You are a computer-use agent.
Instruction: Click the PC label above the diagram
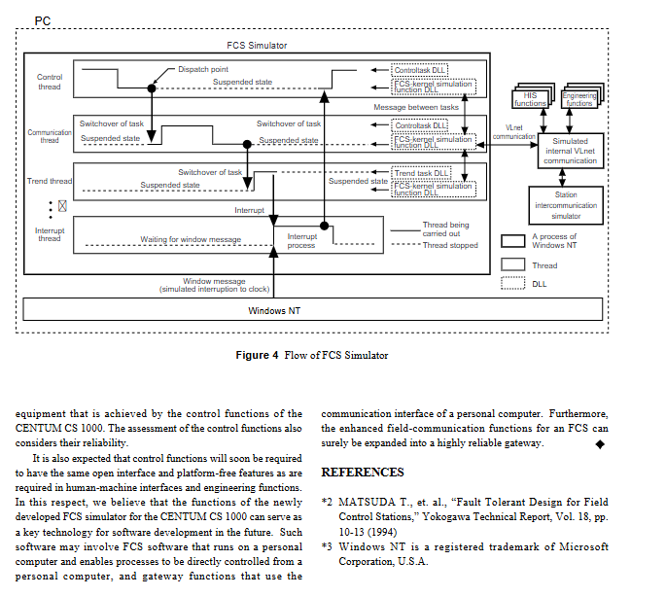tap(42, 19)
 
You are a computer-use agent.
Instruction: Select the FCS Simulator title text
tap(257, 45)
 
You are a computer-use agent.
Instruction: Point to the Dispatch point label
tap(203, 69)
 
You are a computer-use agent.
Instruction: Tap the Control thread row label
tap(50, 82)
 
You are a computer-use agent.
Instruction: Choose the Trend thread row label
tap(50, 181)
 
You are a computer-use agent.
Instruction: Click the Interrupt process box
tap(301, 240)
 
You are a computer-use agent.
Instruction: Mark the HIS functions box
tap(530, 98)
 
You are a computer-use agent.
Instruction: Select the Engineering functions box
tap(579, 99)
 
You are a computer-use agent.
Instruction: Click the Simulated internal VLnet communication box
tap(571, 152)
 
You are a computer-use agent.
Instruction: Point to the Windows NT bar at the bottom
tap(281, 311)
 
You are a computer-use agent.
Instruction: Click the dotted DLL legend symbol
tap(512, 284)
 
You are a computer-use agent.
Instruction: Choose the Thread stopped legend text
tap(450, 245)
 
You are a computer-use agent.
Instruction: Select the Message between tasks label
tap(415, 107)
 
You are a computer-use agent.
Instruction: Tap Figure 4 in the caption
tap(257, 355)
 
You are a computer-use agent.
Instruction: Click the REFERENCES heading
tap(363, 473)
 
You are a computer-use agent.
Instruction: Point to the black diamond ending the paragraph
tap(600, 444)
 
